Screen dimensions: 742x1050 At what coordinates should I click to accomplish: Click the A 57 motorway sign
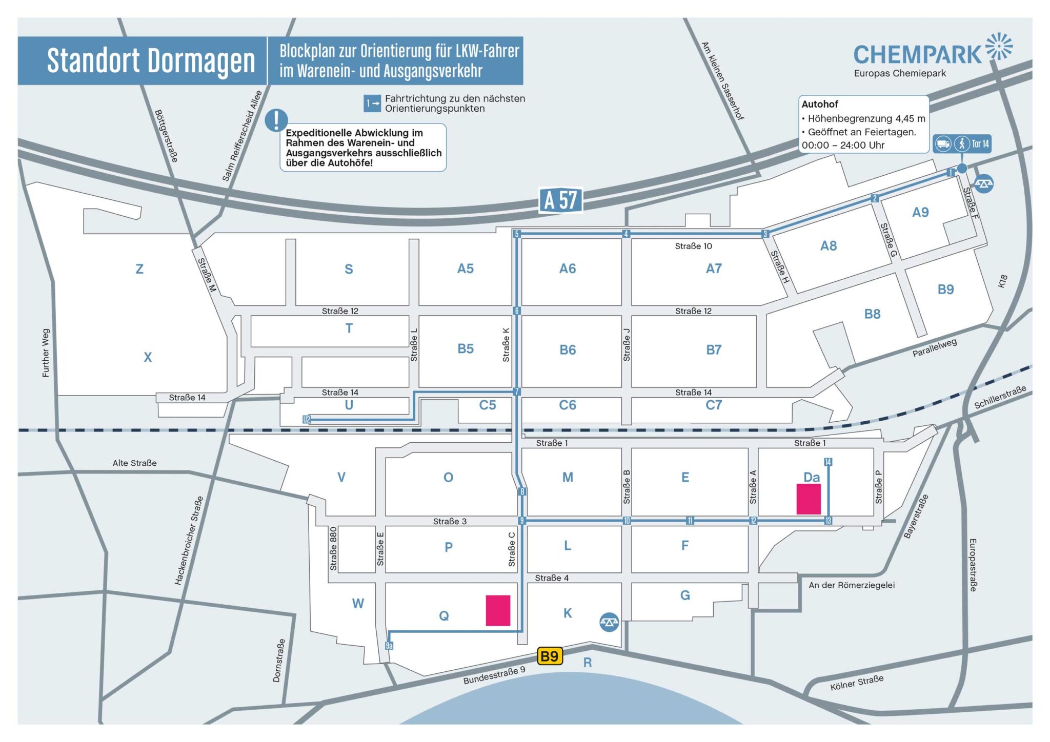[x=560, y=200]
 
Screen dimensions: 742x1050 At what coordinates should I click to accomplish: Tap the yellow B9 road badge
[x=550, y=656]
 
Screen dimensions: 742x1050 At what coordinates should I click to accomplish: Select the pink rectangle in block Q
[x=498, y=610]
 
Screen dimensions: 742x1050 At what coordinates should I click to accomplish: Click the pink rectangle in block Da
[x=809, y=499]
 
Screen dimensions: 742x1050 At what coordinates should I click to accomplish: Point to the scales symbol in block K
[x=609, y=622]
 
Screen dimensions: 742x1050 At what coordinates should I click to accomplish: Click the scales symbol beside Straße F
[x=984, y=183]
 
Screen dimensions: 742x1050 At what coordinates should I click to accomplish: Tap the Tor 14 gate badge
[x=961, y=144]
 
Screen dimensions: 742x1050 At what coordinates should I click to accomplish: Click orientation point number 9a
[x=389, y=646]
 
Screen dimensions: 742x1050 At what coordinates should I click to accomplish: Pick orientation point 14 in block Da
[x=828, y=462]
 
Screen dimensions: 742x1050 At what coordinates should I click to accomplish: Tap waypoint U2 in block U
[x=307, y=420]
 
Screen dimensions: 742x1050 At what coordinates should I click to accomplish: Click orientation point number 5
[x=517, y=234]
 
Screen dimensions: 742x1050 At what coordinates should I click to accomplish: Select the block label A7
[x=714, y=269]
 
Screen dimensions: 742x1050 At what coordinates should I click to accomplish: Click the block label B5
[x=466, y=349]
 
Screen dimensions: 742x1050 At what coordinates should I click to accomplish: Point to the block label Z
[x=139, y=269]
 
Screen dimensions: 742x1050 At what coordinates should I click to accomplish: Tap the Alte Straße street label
[x=135, y=463]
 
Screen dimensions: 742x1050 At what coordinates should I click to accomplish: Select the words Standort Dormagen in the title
[x=151, y=61]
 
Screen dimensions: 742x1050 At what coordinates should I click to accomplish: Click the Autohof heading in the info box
[x=820, y=104]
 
